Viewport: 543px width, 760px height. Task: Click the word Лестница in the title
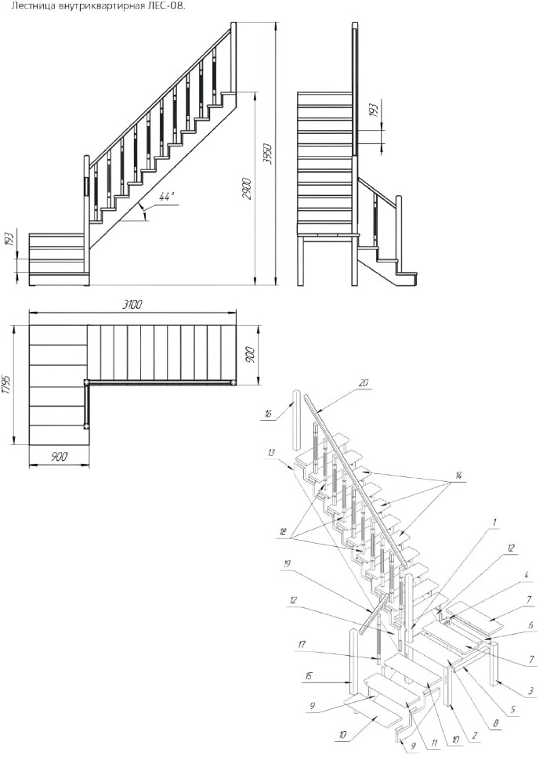pos(29,6)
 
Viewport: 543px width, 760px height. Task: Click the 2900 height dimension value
pos(246,190)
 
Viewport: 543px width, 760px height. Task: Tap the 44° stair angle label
pos(166,197)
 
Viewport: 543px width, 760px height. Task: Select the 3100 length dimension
pos(132,304)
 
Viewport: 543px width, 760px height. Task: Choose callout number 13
pos(270,452)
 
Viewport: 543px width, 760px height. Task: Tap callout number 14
pos(456,476)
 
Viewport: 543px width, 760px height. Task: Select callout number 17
pos(302,644)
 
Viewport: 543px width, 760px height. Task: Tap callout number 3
pos(532,691)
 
